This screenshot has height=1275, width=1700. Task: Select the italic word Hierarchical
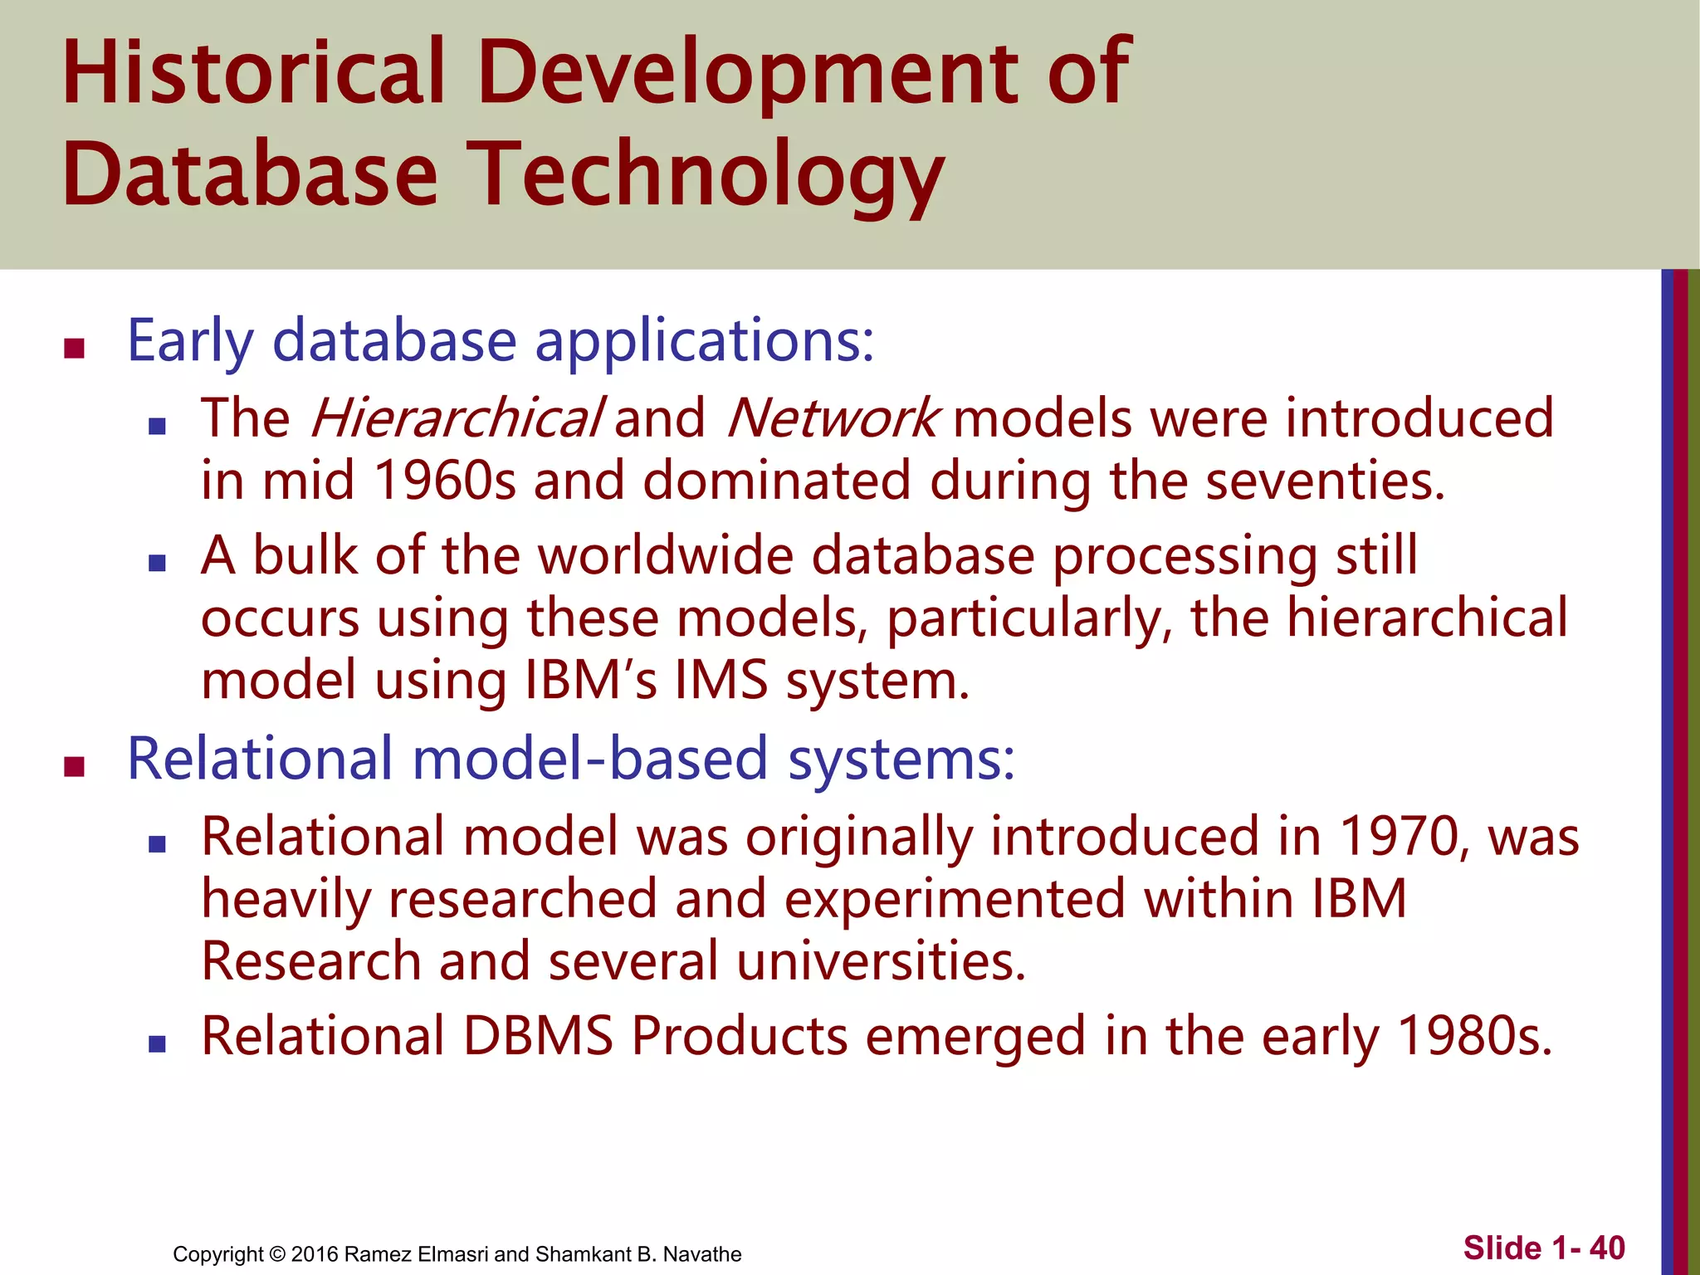point(455,418)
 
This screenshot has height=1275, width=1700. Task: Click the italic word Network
point(832,418)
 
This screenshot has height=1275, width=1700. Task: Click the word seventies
point(1324,481)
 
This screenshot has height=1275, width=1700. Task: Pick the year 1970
point(1399,836)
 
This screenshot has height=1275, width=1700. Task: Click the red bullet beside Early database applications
point(75,348)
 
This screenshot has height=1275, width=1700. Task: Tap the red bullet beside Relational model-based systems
point(75,766)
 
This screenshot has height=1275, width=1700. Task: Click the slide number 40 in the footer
point(1607,1248)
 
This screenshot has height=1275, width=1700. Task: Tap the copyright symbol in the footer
point(277,1254)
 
